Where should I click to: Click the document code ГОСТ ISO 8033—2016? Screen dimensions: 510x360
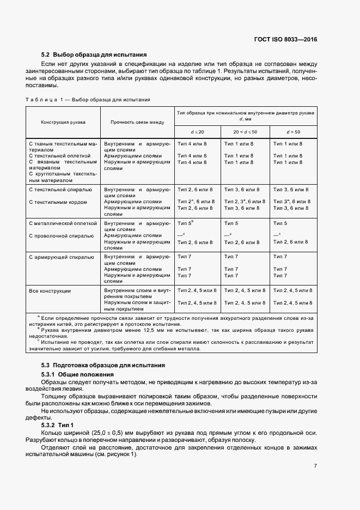286,40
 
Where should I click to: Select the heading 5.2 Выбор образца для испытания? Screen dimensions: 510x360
94,54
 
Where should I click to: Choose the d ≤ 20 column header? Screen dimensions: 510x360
197,132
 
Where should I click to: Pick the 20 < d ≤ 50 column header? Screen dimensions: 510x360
245,132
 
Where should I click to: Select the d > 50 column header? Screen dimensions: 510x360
293,132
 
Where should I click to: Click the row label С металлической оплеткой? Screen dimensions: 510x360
63,223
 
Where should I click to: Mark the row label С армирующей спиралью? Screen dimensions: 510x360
61,256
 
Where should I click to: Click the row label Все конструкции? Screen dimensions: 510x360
50,290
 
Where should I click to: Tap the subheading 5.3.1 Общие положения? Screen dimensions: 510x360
77,375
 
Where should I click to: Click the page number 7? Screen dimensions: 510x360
315,465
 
